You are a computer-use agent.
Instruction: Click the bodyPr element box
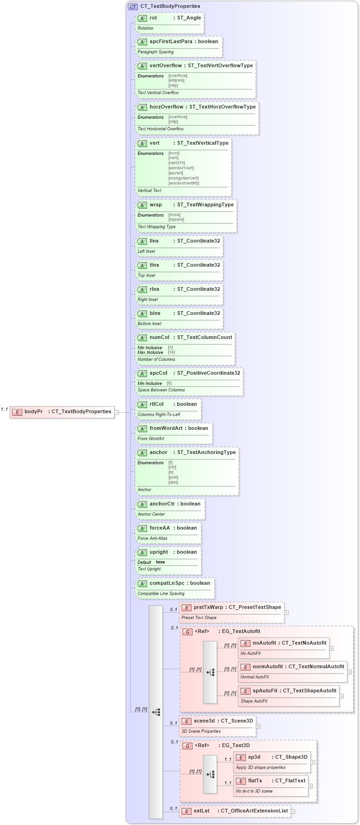62,412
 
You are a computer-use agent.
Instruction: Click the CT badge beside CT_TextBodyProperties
133,7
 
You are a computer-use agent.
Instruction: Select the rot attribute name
153,18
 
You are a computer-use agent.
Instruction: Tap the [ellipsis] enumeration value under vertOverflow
176,81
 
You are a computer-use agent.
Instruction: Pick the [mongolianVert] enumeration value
183,178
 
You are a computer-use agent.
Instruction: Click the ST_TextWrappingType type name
205,205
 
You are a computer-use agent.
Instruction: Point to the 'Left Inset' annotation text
146,251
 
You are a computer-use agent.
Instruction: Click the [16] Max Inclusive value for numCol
171,352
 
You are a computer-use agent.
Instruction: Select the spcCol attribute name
158,373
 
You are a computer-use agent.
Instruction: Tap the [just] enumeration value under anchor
173,477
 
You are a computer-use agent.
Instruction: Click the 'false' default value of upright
160,562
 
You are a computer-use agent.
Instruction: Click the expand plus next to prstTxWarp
286,612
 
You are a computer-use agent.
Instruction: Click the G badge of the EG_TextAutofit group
187,632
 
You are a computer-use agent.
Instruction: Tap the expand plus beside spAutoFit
341,696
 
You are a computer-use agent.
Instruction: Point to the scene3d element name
204,721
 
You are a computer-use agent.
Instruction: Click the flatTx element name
255,780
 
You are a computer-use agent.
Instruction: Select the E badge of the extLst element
186,811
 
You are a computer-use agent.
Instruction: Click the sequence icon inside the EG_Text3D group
210,774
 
